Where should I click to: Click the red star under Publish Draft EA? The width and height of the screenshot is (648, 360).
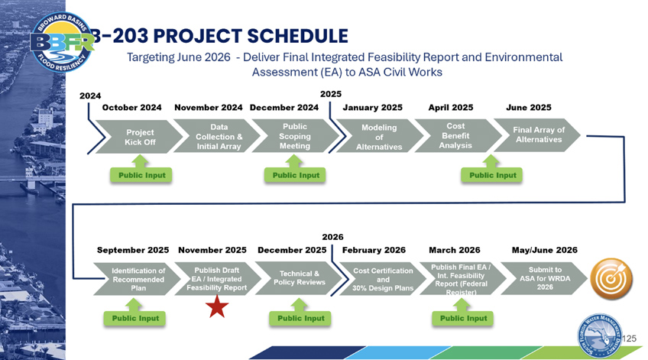pos(217,307)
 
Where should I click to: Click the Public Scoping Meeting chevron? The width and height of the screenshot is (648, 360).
pos(295,137)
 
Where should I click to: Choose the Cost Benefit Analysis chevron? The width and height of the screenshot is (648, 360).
pos(455,136)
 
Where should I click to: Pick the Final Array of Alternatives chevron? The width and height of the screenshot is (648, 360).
pos(539,135)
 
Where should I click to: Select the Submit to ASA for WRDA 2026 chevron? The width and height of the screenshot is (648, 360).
pos(544,279)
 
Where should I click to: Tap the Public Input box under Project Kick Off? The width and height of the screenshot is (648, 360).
pos(141,175)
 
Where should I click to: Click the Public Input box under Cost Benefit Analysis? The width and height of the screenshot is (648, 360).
pos(492,175)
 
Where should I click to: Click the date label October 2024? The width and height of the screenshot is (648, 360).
pos(131,108)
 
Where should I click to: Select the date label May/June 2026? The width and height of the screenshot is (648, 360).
pos(544,250)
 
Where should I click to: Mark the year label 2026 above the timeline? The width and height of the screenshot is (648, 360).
pos(332,237)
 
